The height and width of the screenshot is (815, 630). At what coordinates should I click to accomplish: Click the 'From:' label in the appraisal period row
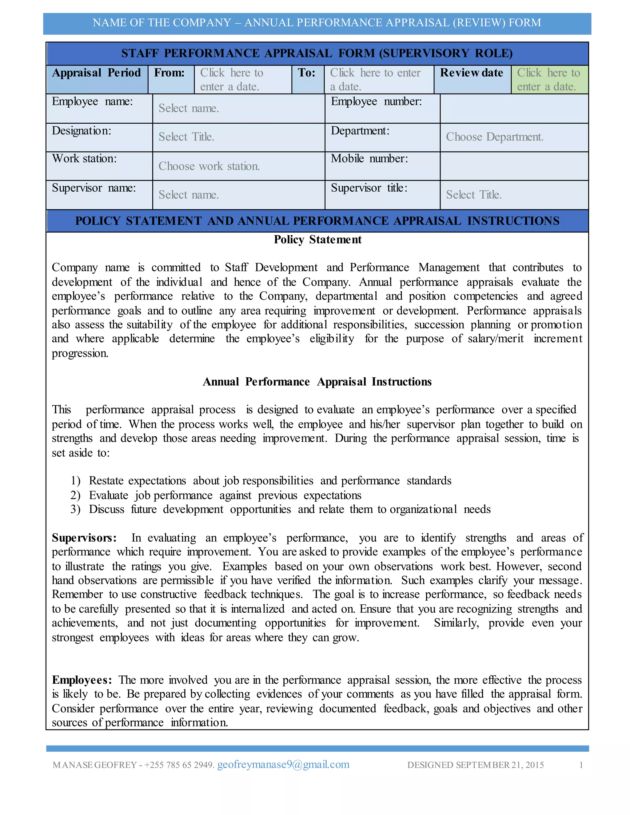pyautogui.click(x=169, y=73)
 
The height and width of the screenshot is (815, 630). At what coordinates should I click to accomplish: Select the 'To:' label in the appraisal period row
pyautogui.click(x=306, y=73)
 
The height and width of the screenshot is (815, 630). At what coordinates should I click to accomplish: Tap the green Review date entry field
pyautogui.click(x=549, y=79)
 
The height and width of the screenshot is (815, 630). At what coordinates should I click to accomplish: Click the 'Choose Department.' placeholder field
pyautogui.click(x=495, y=137)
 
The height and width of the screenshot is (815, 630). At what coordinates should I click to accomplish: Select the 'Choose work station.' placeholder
pyautogui.click(x=209, y=166)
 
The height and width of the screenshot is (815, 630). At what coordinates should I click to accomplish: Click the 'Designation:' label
pyautogui.click(x=81, y=131)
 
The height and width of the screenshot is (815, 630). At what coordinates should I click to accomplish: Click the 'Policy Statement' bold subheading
pyautogui.click(x=317, y=240)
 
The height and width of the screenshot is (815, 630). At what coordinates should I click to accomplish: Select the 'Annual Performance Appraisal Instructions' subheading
pyautogui.click(x=317, y=382)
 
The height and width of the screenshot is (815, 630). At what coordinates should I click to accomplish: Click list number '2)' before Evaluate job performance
pyautogui.click(x=75, y=495)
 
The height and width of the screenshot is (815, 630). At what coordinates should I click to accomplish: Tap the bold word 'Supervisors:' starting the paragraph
pyautogui.click(x=84, y=538)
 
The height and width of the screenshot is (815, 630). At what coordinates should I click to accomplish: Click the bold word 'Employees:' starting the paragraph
pyautogui.click(x=82, y=680)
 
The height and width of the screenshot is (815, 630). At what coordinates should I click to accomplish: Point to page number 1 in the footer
pyautogui.click(x=581, y=765)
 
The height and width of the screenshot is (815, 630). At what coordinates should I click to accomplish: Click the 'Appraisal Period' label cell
pyautogui.click(x=96, y=73)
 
